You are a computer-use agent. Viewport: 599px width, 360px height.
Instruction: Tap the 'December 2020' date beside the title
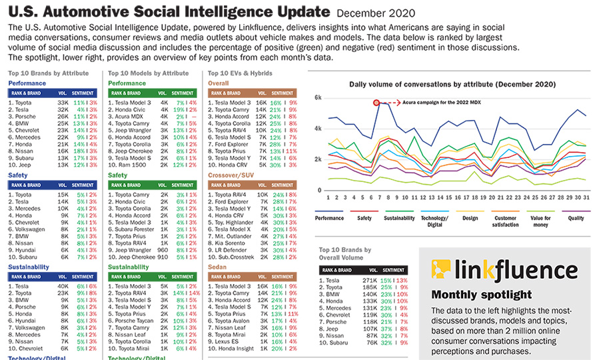(376, 13)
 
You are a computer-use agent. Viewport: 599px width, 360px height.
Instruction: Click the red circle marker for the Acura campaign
(376, 103)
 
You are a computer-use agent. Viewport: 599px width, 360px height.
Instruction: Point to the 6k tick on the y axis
(318, 97)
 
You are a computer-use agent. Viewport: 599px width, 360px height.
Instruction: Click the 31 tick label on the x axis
(584, 198)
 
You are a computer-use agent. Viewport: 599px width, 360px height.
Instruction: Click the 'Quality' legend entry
(575, 217)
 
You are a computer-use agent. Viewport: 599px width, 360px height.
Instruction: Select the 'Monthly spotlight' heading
(481, 294)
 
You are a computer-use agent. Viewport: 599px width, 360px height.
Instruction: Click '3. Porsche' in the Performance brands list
(24, 117)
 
